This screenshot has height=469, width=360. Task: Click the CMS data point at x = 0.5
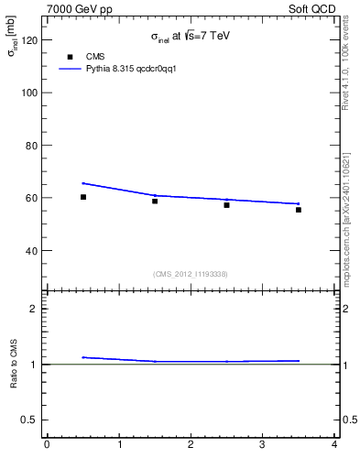(83, 197)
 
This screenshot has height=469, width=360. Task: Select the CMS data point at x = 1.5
(155, 201)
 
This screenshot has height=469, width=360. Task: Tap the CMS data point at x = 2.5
(226, 205)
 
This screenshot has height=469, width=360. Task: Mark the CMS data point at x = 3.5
(299, 210)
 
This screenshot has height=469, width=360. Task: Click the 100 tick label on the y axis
(29, 93)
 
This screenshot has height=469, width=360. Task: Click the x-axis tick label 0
(47, 445)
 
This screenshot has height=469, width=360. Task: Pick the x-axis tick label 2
(191, 445)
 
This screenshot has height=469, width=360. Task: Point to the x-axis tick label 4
(334, 445)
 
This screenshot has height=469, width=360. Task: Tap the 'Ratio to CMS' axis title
(14, 364)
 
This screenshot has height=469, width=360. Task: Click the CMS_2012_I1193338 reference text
(191, 274)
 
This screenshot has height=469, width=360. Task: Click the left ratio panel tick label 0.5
(30, 420)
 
